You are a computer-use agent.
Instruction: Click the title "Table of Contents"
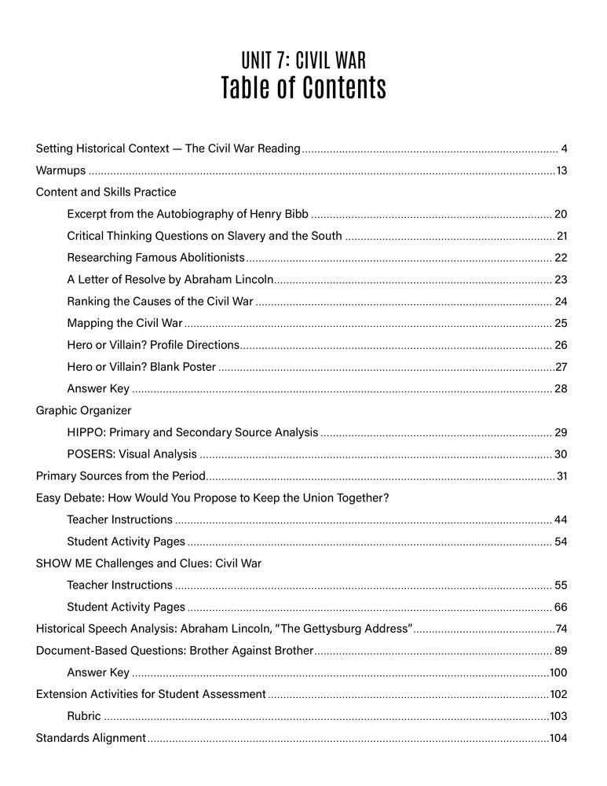(x=303, y=88)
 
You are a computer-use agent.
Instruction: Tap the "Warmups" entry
(x=60, y=170)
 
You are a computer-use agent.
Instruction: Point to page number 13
(x=561, y=170)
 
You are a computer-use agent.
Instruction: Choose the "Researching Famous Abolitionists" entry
(x=155, y=257)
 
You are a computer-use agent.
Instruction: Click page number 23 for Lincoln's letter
(x=561, y=279)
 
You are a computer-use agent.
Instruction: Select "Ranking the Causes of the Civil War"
(x=160, y=301)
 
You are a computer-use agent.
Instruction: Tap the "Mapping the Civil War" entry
(x=125, y=323)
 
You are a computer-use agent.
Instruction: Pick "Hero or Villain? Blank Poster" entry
(x=141, y=366)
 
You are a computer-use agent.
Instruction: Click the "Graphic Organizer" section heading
(x=83, y=410)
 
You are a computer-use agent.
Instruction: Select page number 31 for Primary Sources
(x=561, y=476)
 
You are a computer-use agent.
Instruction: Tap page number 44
(x=561, y=520)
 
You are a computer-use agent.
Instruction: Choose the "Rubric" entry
(x=83, y=716)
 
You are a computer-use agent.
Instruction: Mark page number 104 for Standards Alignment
(x=558, y=738)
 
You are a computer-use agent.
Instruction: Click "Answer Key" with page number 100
(x=98, y=672)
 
